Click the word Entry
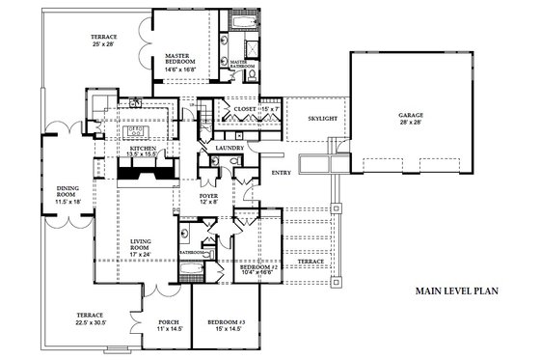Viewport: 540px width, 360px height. [281, 173]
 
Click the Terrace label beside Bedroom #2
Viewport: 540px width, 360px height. [311, 262]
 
